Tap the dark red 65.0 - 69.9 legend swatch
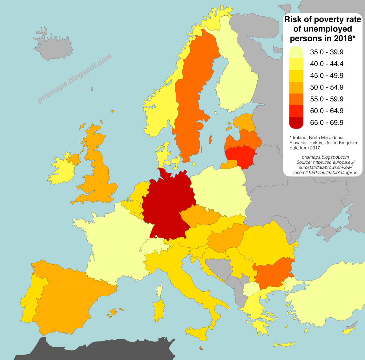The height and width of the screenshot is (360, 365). click(x=296, y=123)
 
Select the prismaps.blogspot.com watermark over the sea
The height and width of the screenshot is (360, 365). click(x=75, y=79)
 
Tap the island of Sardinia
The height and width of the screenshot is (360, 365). click(x=159, y=310)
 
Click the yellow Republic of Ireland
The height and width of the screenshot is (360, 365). click(x=62, y=170)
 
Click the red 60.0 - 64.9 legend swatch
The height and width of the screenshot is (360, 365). click(x=296, y=111)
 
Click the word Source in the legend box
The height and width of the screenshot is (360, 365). click(x=303, y=162)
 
